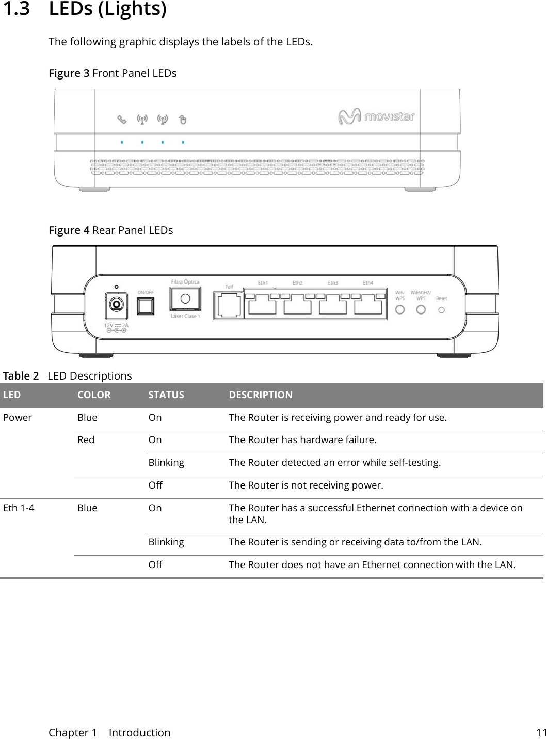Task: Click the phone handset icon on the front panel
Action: pyautogui.click(x=121, y=120)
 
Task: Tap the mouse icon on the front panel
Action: pyautogui.click(x=182, y=120)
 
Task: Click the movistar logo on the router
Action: pyautogui.click(x=377, y=117)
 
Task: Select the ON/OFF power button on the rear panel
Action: pyautogui.click(x=146, y=306)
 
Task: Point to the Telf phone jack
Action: pyautogui.click(x=229, y=305)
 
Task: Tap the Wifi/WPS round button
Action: pyautogui.click(x=399, y=309)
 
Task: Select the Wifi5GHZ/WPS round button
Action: pyautogui.click(x=421, y=309)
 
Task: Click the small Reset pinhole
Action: pyautogui.click(x=441, y=310)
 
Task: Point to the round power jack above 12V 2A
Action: pyautogui.click(x=117, y=304)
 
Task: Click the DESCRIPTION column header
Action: pyautogui.click(x=261, y=395)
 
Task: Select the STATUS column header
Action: pyautogui.click(x=166, y=395)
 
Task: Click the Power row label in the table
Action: pyautogui.click(x=18, y=417)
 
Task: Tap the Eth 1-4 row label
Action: pyautogui.click(x=19, y=508)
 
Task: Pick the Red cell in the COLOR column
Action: pyautogui.click(x=86, y=440)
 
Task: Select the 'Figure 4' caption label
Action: pyautogui.click(x=69, y=230)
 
